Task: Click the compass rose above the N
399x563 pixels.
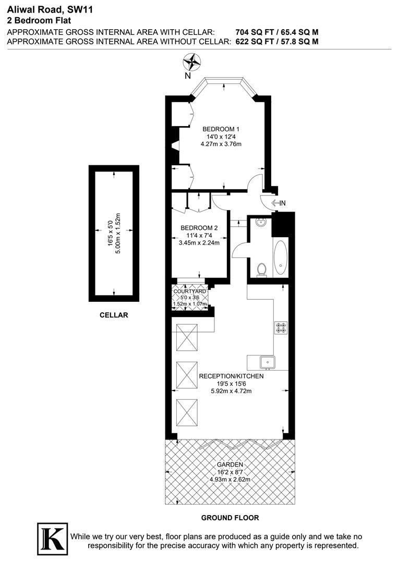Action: pos(191,62)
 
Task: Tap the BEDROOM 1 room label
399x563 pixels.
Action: pos(221,129)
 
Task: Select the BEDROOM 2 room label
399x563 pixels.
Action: pos(199,228)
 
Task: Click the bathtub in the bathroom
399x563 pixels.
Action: pos(281,257)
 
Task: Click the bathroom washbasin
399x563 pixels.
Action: pos(260,222)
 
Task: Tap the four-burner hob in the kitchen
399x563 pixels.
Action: pos(281,327)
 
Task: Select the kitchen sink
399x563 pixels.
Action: pos(267,362)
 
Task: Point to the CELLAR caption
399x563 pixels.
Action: pos(114,315)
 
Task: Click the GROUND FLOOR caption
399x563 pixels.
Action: pos(230,518)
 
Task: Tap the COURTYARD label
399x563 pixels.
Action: pos(190,291)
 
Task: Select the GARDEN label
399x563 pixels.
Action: pos(230,464)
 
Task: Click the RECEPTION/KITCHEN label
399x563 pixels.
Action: pos(231,376)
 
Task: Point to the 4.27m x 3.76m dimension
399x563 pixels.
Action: pos(221,144)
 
